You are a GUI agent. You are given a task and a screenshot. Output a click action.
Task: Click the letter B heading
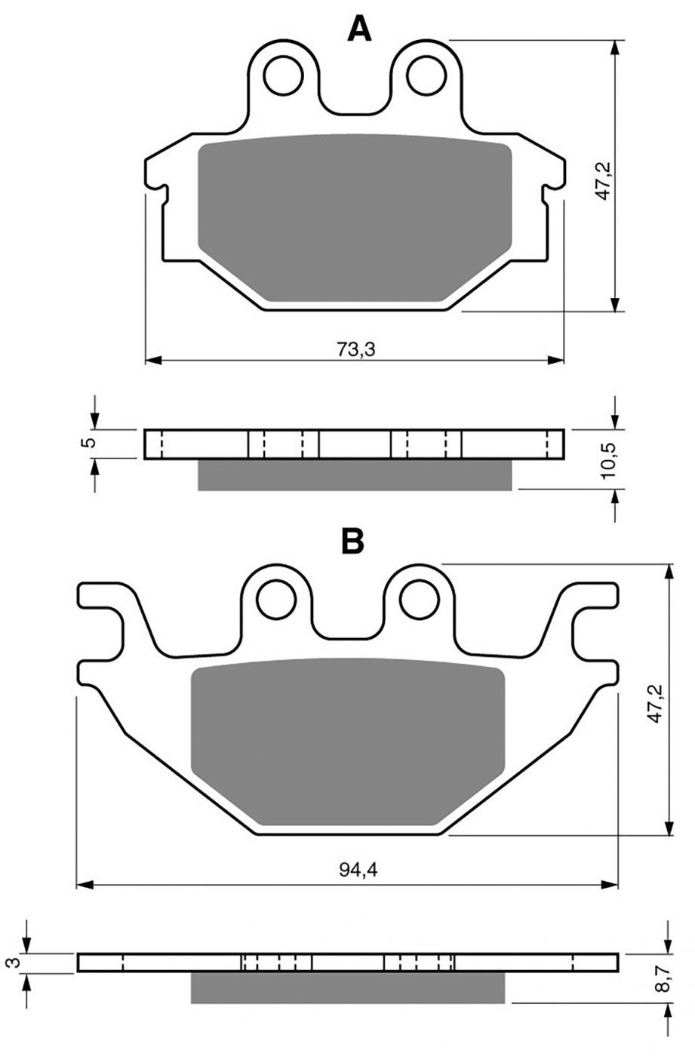pyautogui.click(x=352, y=540)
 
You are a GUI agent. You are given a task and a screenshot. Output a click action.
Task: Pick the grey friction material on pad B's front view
pyautogui.click(x=347, y=743)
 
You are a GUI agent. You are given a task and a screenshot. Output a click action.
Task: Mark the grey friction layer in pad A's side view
pyautogui.click(x=355, y=475)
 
